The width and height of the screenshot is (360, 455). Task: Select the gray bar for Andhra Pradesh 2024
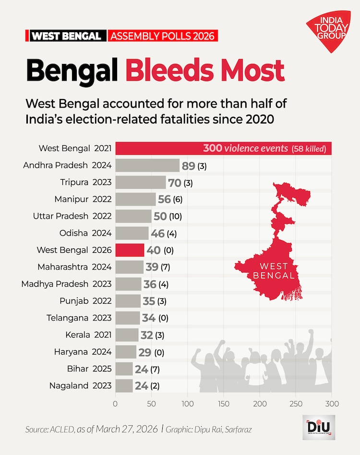tap(147, 166)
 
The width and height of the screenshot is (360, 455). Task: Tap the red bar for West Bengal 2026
tap(129, 250)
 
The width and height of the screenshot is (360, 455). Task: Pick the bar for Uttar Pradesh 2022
tap(133, 216)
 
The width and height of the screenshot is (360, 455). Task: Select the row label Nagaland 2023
tap(80, 385)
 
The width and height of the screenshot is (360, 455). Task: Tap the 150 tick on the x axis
tap(223, 404)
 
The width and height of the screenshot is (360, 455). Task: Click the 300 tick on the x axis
tap(331, 404)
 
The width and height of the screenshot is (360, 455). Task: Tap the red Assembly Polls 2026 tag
tap(163, 36)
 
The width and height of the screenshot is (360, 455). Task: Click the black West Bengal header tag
tap(66, 36)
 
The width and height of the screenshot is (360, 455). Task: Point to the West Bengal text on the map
tap(274, 271)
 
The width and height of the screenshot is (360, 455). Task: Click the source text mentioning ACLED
tap(91, 429)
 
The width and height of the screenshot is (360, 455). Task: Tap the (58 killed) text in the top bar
tap(309, 148)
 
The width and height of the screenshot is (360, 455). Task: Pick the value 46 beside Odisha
tap(157, 234)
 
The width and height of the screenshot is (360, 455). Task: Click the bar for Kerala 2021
tap(127, 334)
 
